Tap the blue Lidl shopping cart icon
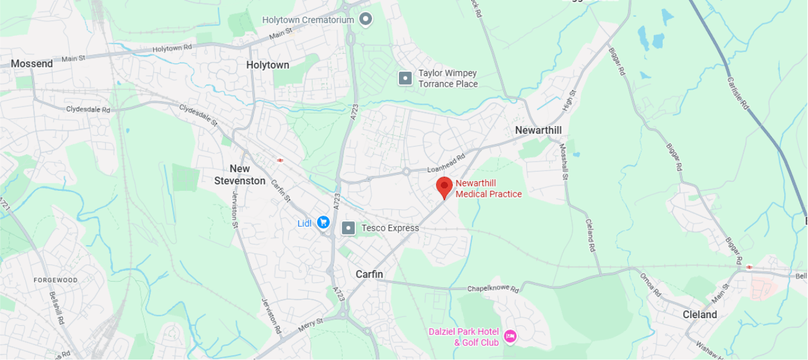coord(324,222)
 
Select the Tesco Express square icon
coord(348,228)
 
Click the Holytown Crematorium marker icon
coord(365,20)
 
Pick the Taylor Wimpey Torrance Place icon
coord(405,78)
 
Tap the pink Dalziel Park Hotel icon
coord(510,337)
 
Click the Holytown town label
coord(267,65)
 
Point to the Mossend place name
coord(32,63)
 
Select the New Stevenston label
coord(240,175)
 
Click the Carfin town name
coord(369,274)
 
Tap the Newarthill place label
coord(538,130)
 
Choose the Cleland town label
coord(700,315)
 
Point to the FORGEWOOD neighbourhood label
coord(56,280)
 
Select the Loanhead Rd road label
coord(446,165)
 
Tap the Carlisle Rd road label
coord(738,92)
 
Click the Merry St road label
coord(310,325)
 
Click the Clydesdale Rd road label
coord(88,109)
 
